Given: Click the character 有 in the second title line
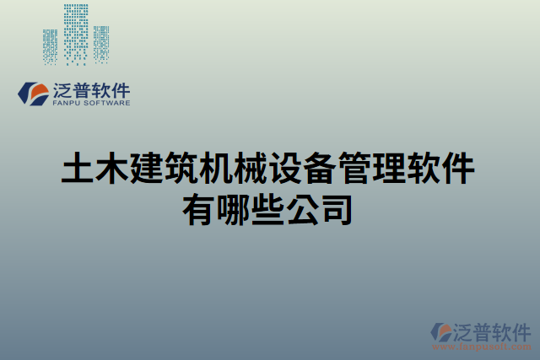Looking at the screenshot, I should (200, 208).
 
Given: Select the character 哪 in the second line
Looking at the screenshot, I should (235, 208).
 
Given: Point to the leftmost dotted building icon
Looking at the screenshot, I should (51, 46).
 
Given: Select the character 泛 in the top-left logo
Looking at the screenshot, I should (63, 89).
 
